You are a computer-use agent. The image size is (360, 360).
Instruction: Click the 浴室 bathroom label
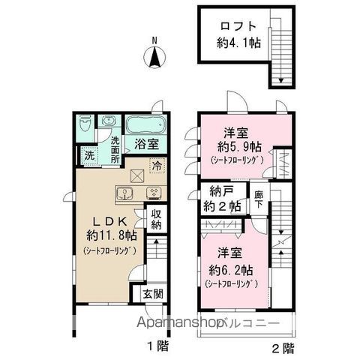(146, 143)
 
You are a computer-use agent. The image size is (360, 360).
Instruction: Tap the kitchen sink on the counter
(124, 193)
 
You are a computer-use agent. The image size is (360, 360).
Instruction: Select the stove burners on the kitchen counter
(154, 193)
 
